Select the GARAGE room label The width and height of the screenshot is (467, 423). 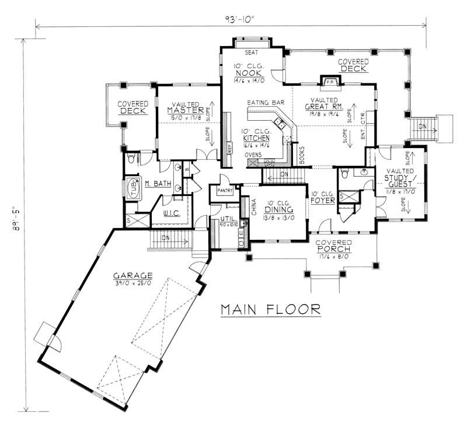coord(134,275)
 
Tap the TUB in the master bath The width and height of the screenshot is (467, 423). coord(134,188)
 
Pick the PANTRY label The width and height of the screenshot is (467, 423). coord(224,190)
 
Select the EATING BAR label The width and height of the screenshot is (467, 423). coord(266,103)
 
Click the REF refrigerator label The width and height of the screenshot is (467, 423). coord(229,148)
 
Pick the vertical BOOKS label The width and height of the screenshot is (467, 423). coord(302,153)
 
